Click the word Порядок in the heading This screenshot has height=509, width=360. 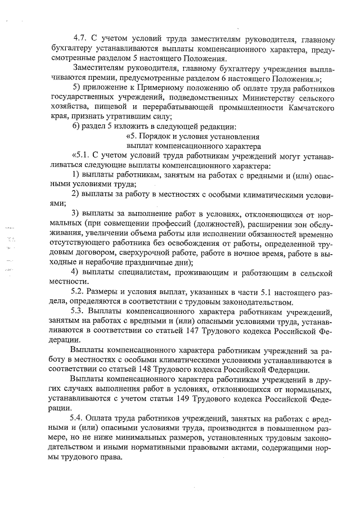(160, 136)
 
